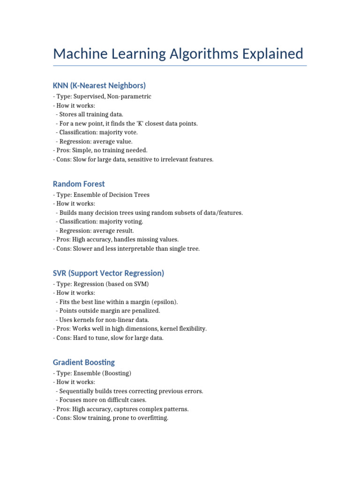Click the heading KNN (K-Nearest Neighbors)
[x=99, y=85]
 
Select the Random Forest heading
[x=79, y=184]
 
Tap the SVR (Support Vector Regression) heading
[x=108, y=273]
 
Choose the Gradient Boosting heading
[x=84, y=362]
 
